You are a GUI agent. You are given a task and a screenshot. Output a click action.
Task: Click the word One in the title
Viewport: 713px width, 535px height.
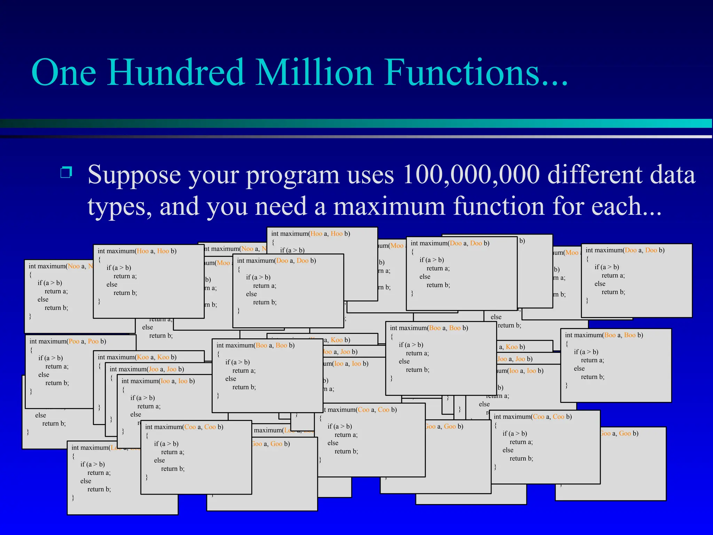[x=64, y=72]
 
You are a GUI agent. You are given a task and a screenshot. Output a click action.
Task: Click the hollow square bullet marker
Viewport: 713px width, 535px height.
[x=66, y=172]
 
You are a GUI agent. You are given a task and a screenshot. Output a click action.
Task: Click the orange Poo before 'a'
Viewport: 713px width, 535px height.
[x=74, y=341]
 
